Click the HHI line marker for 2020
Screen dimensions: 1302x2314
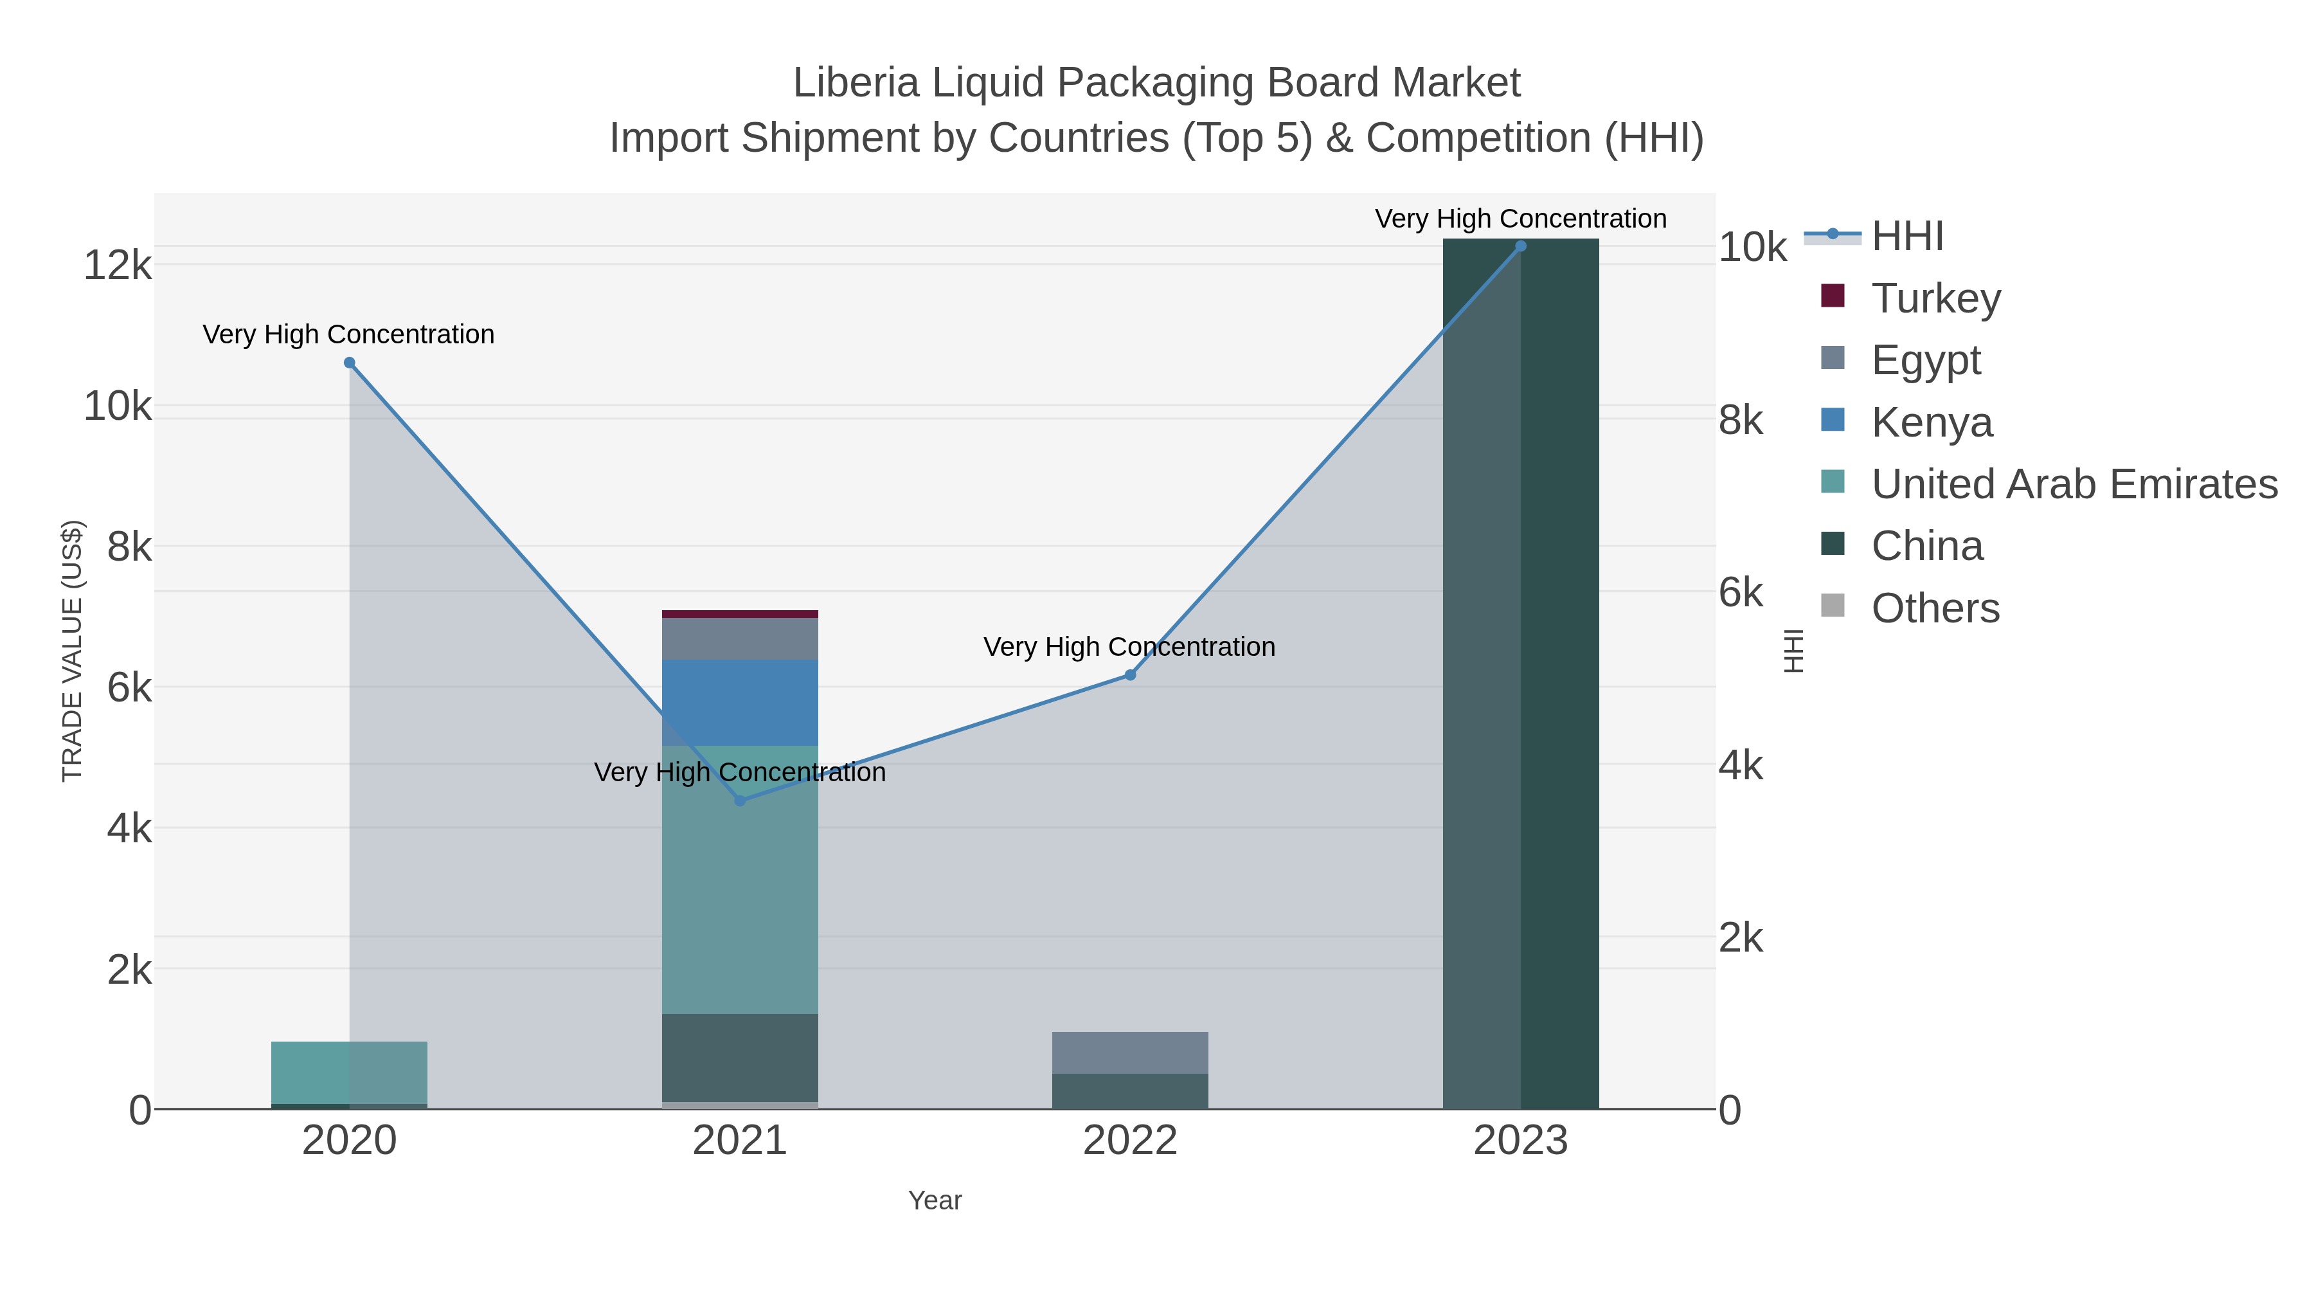click(350, 363)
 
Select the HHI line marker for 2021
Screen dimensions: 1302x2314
click(740, 800)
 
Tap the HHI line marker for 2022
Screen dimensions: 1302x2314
click(1130, 675)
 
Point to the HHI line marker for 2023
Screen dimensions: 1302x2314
click(1521, 246)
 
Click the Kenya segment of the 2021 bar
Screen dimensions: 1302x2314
click(740, 703)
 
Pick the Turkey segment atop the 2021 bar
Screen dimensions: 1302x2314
click(740, 615)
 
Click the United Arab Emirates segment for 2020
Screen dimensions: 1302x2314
click(350, 1072)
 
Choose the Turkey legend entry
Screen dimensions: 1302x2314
click(1936, 298)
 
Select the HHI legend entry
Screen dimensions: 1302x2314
click(1907, 237)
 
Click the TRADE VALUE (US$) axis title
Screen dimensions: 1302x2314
click(72, 651)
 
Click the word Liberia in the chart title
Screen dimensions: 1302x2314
click(855, 83)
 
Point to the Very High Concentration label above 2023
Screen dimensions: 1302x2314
click(1520, 219)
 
